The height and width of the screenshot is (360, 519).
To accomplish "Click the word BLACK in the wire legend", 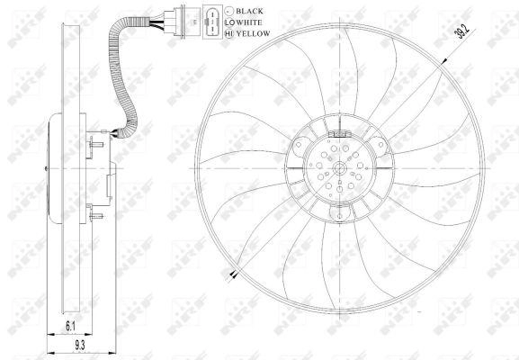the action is coord(249,11).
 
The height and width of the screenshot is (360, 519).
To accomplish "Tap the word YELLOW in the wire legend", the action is coord(254,33).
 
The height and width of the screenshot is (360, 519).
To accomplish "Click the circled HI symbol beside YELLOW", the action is coord(229,33).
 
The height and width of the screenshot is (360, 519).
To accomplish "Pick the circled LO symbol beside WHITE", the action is coord(229,22).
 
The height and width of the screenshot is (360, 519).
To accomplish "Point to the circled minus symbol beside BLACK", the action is coord(229,11).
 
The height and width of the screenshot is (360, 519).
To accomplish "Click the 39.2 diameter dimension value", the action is coord(462,31).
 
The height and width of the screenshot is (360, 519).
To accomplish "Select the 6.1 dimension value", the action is coord(70,327).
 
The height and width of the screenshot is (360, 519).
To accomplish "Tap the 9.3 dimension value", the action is coord(80,346).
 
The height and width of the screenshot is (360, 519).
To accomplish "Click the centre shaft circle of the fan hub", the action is coord(340,168).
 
